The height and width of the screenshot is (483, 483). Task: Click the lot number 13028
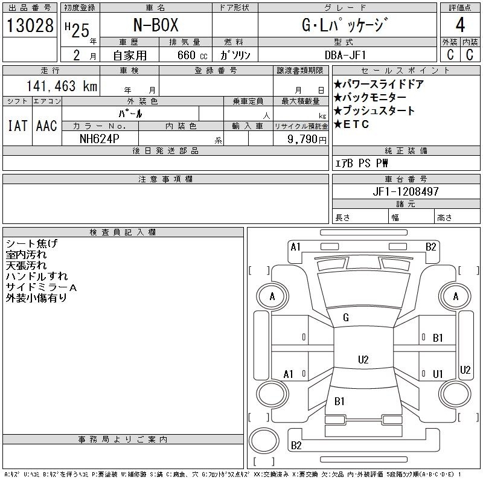point(30,25)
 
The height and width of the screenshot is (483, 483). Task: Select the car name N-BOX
point(156,25)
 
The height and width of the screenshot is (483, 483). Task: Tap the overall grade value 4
point(460,25)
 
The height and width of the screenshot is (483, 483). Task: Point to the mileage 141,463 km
point(62,86)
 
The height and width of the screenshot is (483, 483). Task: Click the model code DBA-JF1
point(345,55)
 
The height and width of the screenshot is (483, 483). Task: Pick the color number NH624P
point(99,139)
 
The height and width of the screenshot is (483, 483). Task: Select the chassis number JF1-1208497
point(405,191)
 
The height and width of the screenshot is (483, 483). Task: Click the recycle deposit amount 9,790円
point(307,139)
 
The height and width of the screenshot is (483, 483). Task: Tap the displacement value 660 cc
point(192,55)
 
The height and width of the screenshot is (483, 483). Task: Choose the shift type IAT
point(18,126)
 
